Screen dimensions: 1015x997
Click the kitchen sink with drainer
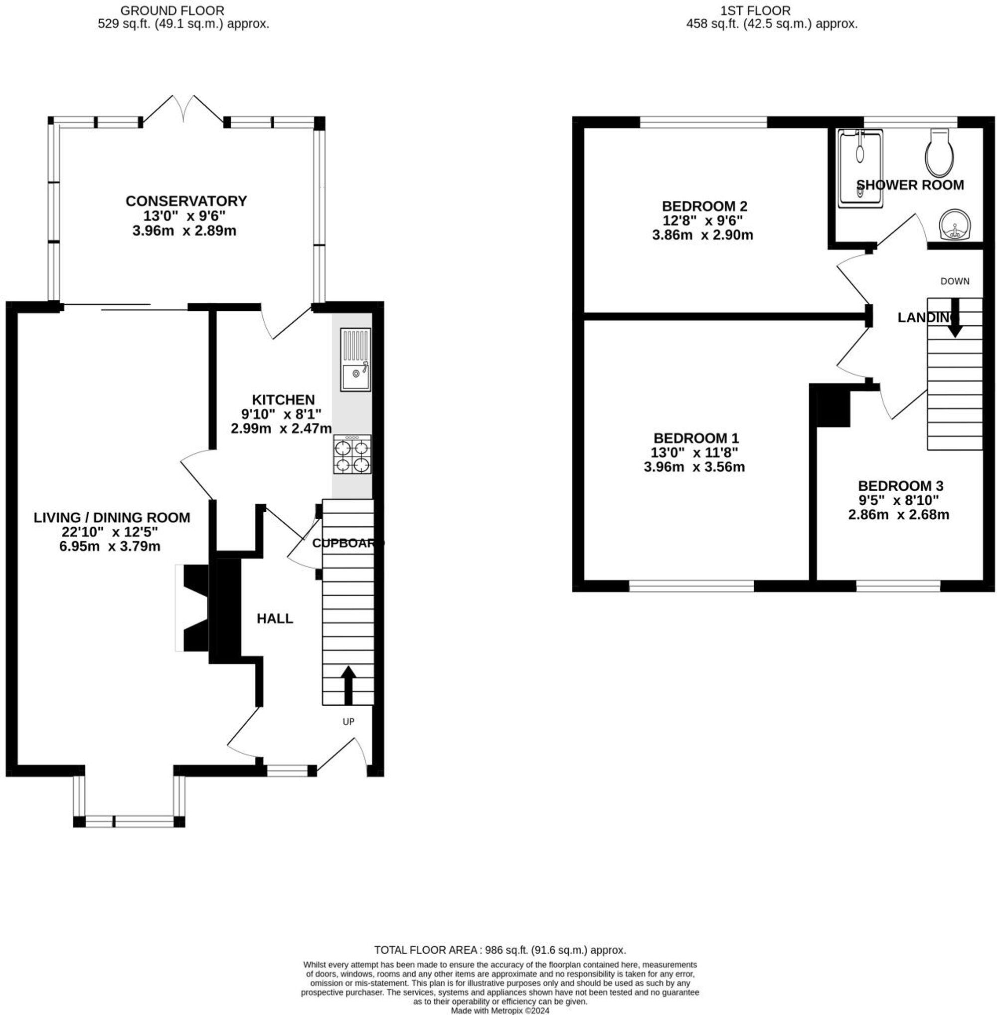click(x=355, y=360)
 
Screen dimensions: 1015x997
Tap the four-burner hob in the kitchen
click(x=352, y=455)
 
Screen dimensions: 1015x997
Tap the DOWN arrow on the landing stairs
click(x=955, y=317)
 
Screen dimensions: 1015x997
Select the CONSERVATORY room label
click(x=186, y=201)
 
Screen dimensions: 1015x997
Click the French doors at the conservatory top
click(x=184, y=110)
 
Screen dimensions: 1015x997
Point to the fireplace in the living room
click(x=193, y=608)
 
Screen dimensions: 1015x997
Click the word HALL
click(x=275, y=619)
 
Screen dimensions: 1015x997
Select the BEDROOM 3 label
click(x=900, y=486)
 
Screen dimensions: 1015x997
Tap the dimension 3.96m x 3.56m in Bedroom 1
click(x=694, y=467)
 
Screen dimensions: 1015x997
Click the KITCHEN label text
click(x=283, y=400)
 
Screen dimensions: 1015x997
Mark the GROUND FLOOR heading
click(x=172, y=10)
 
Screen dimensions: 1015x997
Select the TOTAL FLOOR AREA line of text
click(x=500, y=950)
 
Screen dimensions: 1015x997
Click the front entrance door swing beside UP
click(x=343, y=755)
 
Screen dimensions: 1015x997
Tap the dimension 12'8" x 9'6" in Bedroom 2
click(x=702, y=220)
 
